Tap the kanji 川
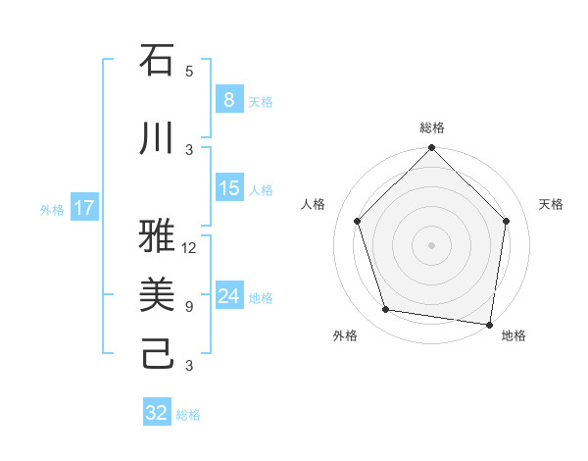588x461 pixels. [x=157, y=138]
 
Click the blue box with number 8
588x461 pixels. [x=228, y=99]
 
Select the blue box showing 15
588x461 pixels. [x=228, y=188]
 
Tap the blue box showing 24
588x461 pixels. [x=228, y=296]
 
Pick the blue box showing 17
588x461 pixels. [x=83, y=208]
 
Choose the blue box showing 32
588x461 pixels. [x=157, y=413]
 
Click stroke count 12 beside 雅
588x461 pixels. [x=190, y=248]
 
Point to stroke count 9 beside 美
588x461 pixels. [x=189, y=307]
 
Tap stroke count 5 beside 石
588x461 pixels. [x=189, y=72]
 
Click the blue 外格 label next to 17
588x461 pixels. [x=52, y=209]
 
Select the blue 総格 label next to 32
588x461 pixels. [x=188, y=415]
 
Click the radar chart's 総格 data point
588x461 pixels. [x=431, y=149]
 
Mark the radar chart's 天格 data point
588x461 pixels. [x=506, y=221]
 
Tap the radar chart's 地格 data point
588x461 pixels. [x=489, y=324]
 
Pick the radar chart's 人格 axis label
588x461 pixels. [x=314, y=204]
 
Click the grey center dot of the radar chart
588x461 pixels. [x=431, y=244]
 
